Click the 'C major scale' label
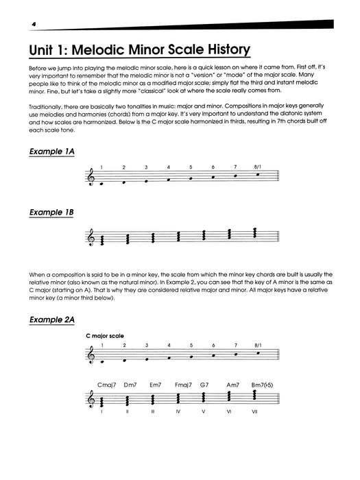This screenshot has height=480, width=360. pos(105,337)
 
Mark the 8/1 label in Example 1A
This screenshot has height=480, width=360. pos(257,167)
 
